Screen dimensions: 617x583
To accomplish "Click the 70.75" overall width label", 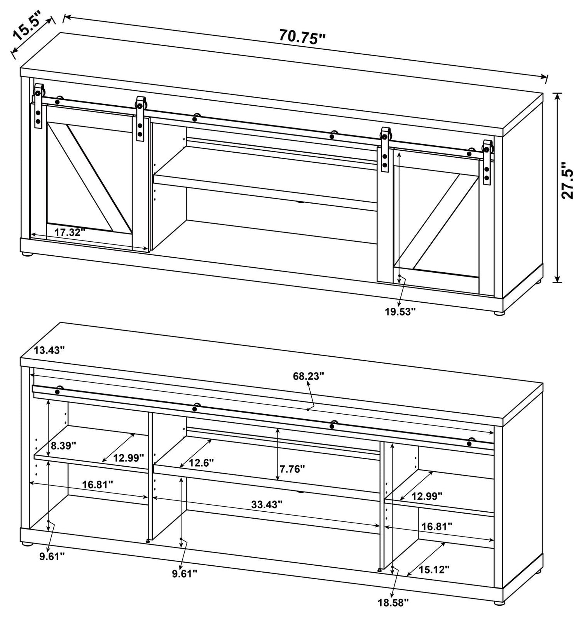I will coord(302,38).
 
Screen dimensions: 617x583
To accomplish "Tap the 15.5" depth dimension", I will coord(27,28).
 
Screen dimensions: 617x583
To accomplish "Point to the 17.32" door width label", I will coord(70,232).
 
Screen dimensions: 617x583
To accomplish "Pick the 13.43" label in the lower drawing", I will coord(49,350).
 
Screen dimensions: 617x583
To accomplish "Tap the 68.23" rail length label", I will coord(308,376).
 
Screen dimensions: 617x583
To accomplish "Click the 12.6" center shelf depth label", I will coord(201,463).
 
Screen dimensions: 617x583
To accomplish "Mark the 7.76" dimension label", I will coord(291,469).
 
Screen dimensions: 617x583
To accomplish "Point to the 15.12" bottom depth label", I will coord(434,570).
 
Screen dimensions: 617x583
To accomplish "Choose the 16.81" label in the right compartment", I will coord(437,526).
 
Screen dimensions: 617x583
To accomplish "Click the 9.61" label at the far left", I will coord(52,556).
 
